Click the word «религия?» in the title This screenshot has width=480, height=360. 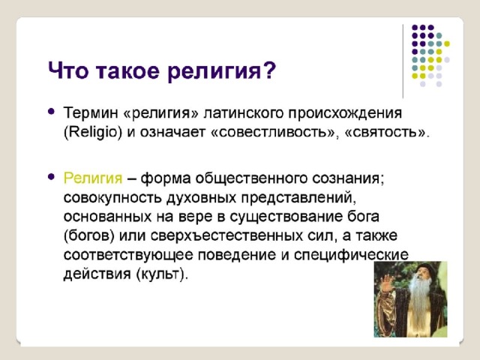point(222,72)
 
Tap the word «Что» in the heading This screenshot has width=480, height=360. point(67,70)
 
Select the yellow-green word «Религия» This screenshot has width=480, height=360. point(93,178)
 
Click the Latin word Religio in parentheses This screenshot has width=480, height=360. point(93,132)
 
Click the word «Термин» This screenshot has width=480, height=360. point(91,112)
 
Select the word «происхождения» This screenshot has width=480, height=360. point(345,113)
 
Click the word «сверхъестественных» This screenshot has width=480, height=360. point(226,235)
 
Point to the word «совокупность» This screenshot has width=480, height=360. point(112,198)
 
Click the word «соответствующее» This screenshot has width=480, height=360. point(128,255)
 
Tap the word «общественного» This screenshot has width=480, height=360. point(251,178)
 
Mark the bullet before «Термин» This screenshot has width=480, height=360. point(52,112)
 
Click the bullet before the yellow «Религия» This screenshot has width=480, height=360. point(52,177)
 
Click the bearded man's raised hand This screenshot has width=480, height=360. point(386,283)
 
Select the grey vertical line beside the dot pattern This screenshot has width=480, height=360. point(403,61)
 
